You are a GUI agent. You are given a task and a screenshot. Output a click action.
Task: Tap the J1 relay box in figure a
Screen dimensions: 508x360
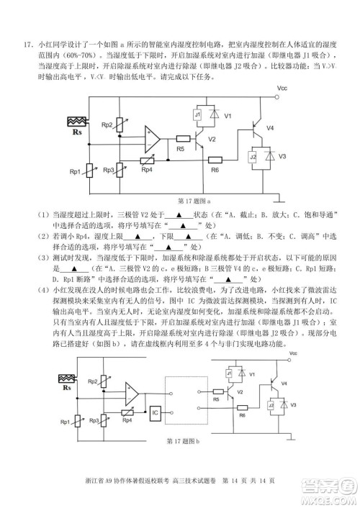click(x=197, y=115)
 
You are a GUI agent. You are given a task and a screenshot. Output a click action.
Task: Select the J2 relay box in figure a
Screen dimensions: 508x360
click(x=253, y=157)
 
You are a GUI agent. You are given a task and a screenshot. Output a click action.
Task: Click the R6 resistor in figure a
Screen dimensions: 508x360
click(x=215, y=160)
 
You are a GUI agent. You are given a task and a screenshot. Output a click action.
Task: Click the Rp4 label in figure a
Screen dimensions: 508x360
click(x=146, y=170)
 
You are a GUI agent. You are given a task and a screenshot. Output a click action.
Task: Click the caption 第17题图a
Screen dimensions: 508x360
click(x=188, y=201)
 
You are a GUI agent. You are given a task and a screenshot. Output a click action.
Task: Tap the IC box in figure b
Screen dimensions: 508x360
click(x=155, y=413)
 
